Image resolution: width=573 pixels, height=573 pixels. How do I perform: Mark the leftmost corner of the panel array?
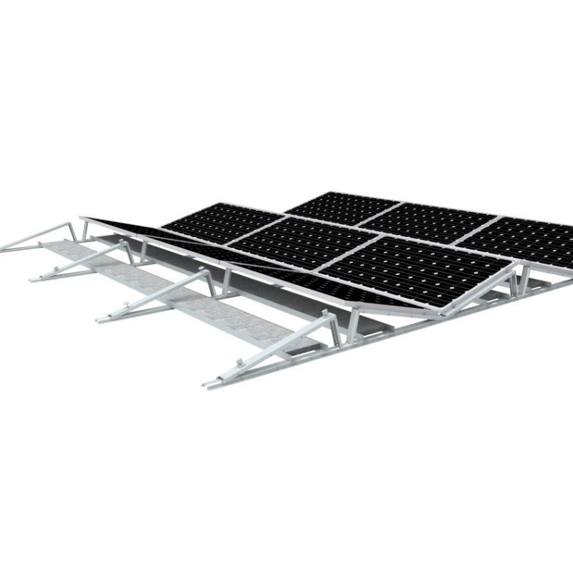pos(81,216)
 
